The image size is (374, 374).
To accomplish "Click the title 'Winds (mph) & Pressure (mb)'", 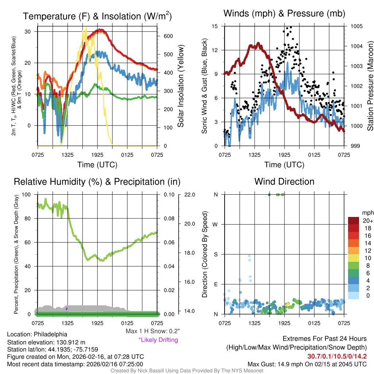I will [284, 14].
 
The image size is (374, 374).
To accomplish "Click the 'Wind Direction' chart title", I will [284, 182].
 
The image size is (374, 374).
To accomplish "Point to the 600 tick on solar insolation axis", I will [168, 36].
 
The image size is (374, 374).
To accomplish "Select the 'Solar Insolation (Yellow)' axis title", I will [181, 86].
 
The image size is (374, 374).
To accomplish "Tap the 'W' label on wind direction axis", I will [216, 224].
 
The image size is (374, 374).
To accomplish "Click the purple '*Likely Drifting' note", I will [158, 340].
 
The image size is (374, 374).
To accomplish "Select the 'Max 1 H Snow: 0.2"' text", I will [152, 331].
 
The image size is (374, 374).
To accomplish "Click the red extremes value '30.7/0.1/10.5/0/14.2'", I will [337, 356].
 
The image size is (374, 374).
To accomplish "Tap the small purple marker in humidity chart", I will [66, 309].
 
